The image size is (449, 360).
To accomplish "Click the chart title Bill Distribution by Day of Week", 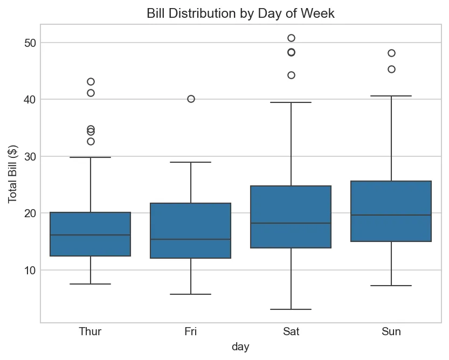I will click(x=240, y=13).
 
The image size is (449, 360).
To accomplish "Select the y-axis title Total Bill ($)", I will click(x=12, y=174).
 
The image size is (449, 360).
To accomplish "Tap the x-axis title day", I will click(x=240, y=347).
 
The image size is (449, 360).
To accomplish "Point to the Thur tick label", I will click(x=90, y=331).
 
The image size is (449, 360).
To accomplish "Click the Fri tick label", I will click(x=190, y=331).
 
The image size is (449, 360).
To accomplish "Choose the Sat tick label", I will click(x=291, y=331).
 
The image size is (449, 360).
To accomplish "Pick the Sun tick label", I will click(x=391, y=331).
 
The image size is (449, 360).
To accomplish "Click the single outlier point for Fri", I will click(x=191, y=99).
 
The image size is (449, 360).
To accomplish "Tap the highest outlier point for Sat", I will click(x=291, y=38).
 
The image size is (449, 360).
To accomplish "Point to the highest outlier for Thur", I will click(x=91, y=82).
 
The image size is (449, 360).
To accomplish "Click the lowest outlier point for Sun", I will click(x=391, y=69).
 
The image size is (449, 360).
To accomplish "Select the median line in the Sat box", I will click(x=291, y=223).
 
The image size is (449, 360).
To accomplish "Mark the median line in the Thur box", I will click(x=91, y=235).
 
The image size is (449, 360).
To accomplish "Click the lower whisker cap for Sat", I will click(x=291, y=309).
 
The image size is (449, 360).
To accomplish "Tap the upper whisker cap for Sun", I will click(x=391, y=96).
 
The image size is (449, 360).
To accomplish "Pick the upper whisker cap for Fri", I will click(x=191, y=162).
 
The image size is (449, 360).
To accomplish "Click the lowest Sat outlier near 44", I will click(x=291, y=75).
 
